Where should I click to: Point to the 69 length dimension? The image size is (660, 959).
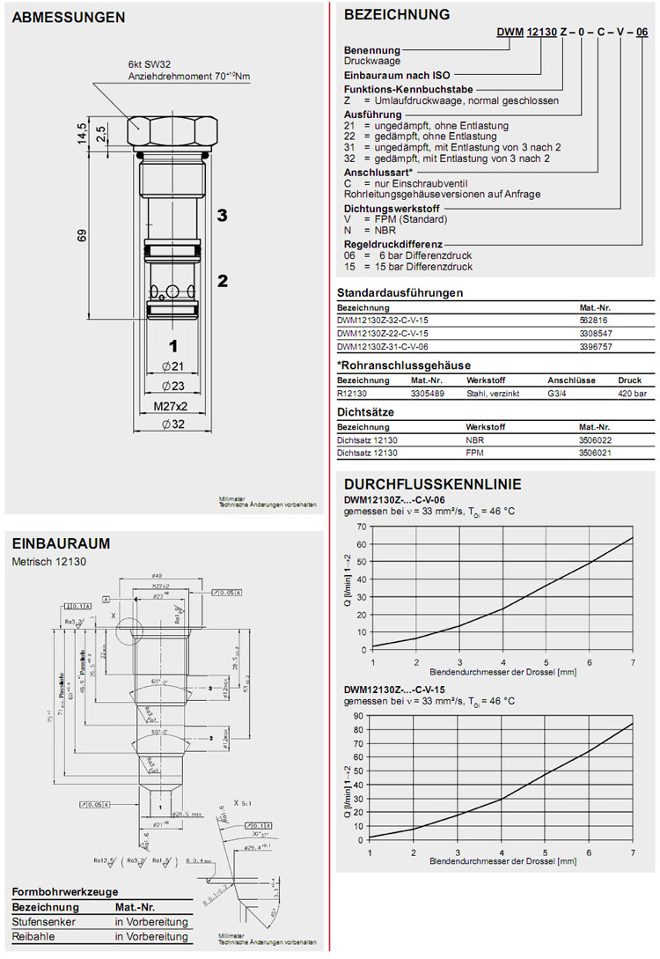(82, 235)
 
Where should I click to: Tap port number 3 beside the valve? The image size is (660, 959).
(223, 215)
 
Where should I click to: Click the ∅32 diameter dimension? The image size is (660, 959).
(172, 424)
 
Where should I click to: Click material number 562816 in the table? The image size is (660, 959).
(593, 321)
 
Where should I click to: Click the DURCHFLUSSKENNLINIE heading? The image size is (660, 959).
(432, 484)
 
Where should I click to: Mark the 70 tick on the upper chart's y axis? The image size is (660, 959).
(361, 526)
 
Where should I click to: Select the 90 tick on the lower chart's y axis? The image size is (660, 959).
(361, 715)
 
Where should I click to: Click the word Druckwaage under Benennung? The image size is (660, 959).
(371, 62)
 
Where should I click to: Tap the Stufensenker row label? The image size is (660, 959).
(41, 922)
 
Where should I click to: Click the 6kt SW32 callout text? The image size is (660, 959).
(153, 65)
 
